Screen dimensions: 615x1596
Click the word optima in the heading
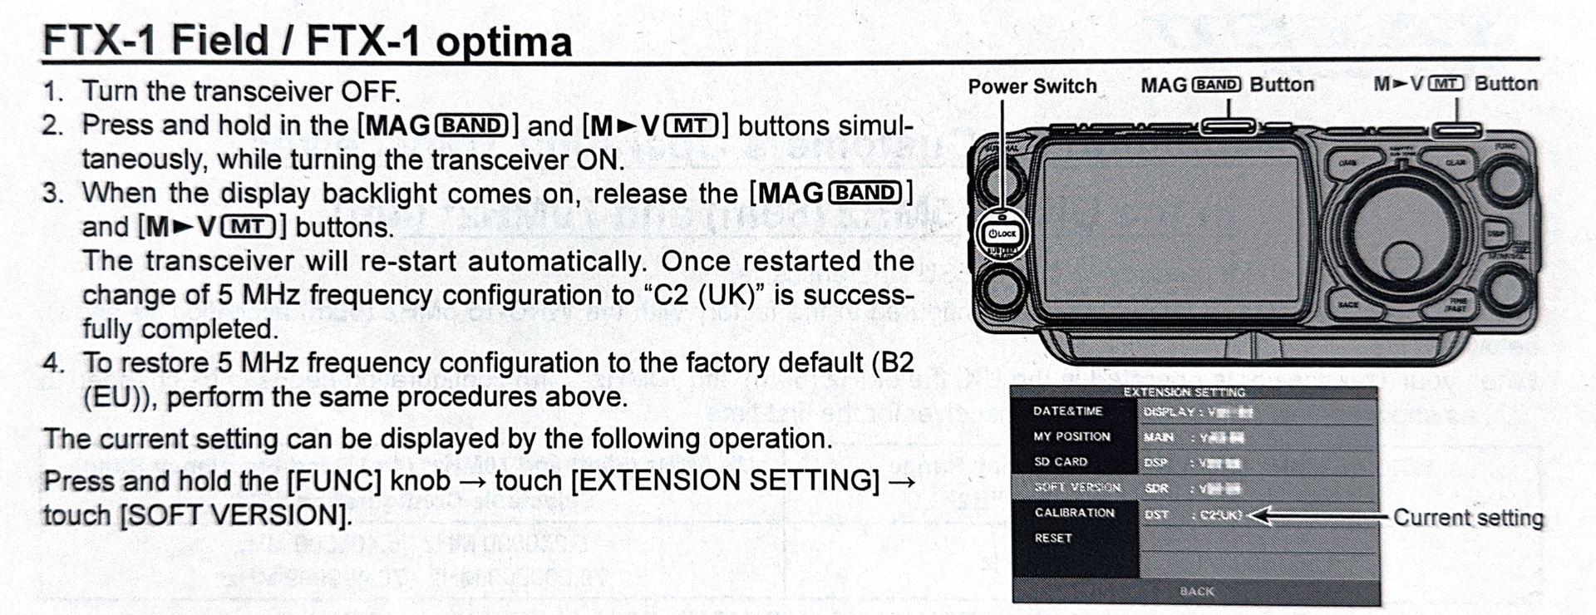[503, 42]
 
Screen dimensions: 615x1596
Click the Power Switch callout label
[1032, 86]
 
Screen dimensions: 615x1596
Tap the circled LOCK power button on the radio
[1002, 234]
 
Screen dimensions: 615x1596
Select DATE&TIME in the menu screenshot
[1067, 411]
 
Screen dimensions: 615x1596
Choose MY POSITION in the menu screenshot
[1071, 436]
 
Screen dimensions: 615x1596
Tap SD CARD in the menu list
[1060, 462]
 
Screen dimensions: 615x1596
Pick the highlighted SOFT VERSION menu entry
[1076, 487]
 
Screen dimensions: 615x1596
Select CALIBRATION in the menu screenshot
[1074, 513]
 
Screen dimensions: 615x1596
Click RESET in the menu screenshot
[1053, 539]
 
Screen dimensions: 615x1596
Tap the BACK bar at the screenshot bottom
[1196, 592]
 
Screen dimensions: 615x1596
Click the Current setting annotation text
[1468, 518]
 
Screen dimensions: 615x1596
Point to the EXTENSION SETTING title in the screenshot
[1184, 392]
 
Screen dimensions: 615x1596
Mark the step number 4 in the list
[53, 363]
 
